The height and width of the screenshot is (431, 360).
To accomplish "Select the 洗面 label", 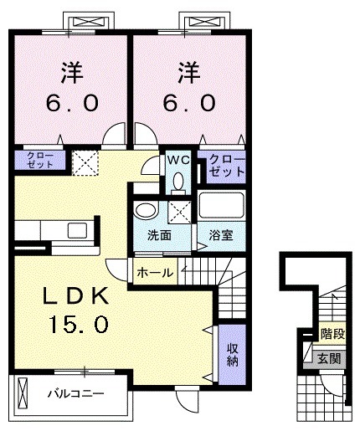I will point(160,235).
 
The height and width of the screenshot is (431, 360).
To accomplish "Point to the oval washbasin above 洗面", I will point(146,211).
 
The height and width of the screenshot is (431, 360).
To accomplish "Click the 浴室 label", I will point(220,235).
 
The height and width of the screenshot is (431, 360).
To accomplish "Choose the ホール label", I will point(155,272).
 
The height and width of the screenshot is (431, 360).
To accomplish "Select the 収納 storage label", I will point(231,353).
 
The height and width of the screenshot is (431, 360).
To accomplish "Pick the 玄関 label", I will point(330,357).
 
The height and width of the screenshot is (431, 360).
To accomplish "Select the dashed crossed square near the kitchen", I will point(84,162).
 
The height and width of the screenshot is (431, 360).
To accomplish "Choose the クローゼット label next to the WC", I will point(226,164).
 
